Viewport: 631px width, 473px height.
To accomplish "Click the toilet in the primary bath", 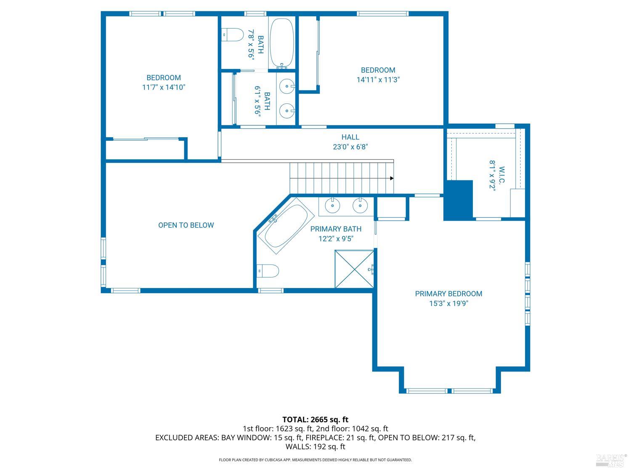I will click(x=268, y=271).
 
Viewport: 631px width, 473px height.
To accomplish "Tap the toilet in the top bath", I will click(x=233, y=34).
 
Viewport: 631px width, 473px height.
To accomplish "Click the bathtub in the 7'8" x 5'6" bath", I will click(x=282, y=42).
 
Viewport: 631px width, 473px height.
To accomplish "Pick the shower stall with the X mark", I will click(x=354, y=269).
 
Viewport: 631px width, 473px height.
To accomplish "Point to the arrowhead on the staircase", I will click(x=392, y=178).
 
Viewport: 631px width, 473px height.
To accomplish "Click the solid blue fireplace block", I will click(x=459, y=200).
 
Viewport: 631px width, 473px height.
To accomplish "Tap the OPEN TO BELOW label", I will click(x=186, y=225).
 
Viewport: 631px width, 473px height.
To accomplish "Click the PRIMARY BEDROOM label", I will click(x=448, y=294).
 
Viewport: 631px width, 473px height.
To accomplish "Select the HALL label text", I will click(x=350, y=137).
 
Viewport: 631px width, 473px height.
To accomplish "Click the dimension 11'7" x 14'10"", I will click(x=164, y=87).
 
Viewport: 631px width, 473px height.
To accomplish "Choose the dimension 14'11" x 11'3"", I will click(x=378, y=80).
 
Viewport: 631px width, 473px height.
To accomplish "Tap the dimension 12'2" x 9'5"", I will click(x=336, y=239).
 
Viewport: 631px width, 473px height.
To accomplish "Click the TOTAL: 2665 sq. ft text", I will click(x=315, y=419).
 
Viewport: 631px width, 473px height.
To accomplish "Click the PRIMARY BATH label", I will click(x=336, y=229).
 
